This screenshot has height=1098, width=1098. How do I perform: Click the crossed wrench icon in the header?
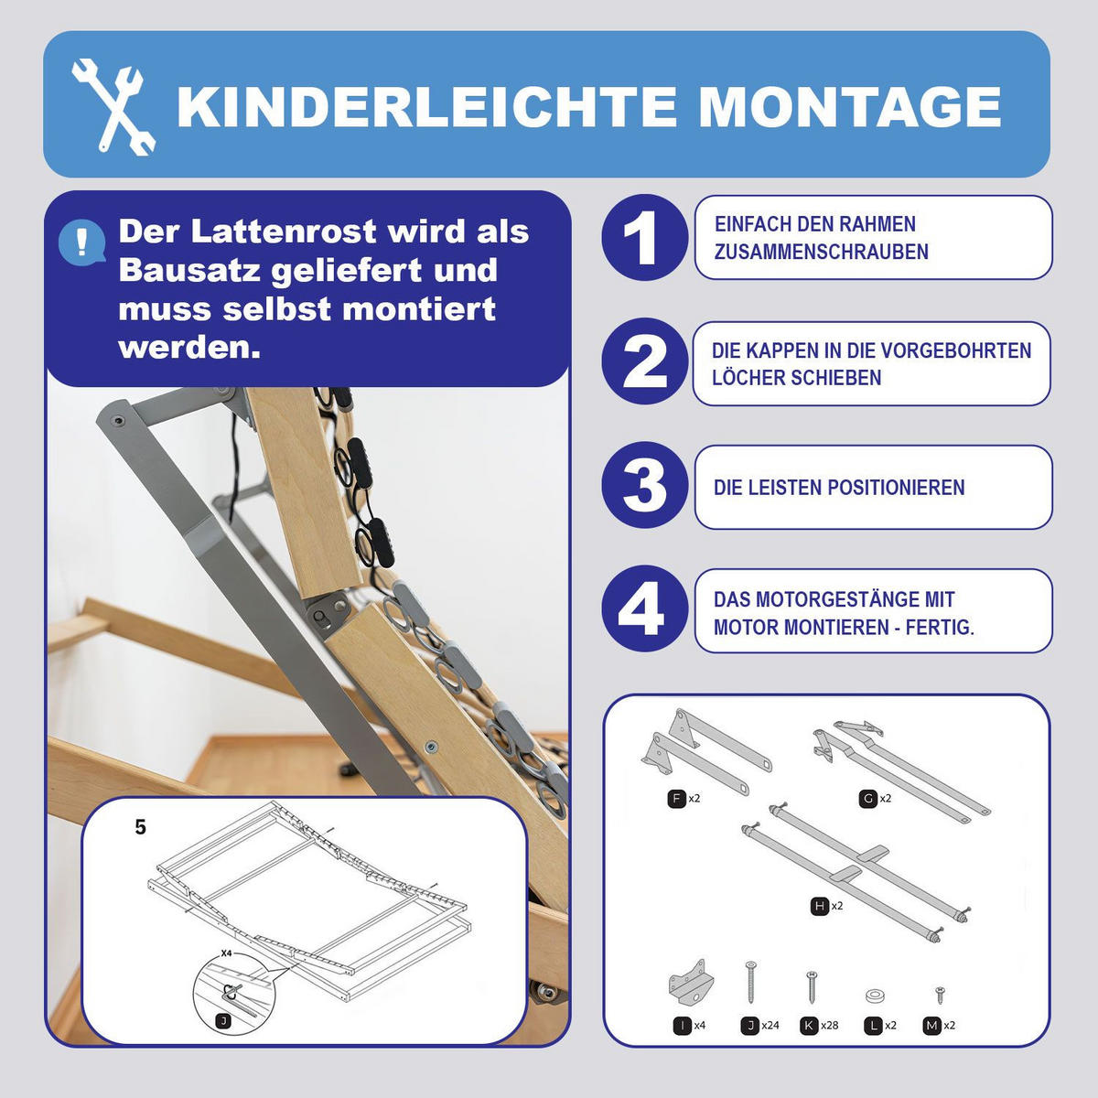(x=113, y=106)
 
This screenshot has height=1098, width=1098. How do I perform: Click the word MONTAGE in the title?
(x=850, y=106)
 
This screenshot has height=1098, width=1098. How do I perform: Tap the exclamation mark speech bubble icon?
(x=82, y=242)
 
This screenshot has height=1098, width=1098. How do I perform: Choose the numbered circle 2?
(x=644, y=362)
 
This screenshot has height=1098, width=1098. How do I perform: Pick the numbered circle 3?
(x=644, y=486)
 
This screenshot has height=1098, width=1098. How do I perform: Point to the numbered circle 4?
(x=644, y=609)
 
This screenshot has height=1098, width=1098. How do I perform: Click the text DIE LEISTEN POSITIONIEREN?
(x=839, y=488)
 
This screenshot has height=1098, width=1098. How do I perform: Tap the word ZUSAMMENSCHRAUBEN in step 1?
(x=821, y=253)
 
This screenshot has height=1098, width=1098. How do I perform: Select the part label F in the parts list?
(x=676, y=799)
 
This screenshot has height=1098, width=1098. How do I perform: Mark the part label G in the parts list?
(x=867, y=799)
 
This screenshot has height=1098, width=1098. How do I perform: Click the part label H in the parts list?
(x=820, y=906)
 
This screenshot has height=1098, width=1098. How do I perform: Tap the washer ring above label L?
(x=874, y=995)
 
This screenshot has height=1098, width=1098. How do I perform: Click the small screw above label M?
(x=939, y=996)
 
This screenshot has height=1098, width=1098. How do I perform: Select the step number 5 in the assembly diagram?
(x=140, y=827)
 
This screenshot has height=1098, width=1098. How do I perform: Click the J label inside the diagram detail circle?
(x=222, y=1020)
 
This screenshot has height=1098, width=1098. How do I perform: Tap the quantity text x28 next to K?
(x=829, y=1026)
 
